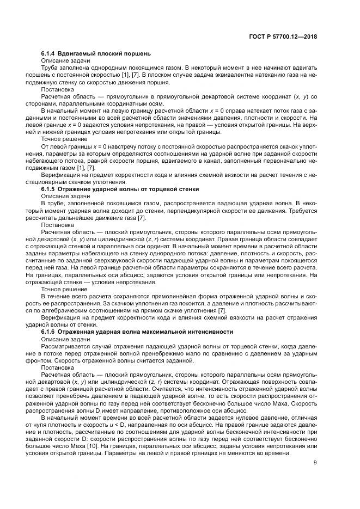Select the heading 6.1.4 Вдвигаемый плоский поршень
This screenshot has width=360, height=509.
pos(96,53)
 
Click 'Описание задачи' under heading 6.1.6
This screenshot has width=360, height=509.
pos(63,339)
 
